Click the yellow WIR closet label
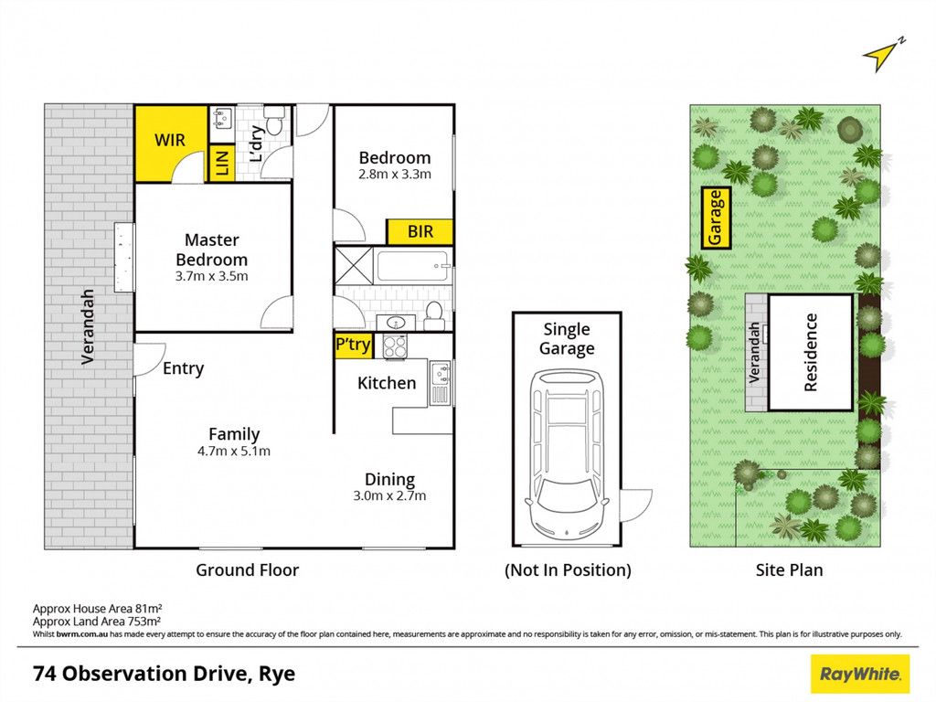point(170,140)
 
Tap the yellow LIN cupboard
point(221,163)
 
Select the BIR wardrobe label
point(420,231)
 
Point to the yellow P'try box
point(354,345)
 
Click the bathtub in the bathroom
point(412,266)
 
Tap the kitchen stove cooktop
point(395,346)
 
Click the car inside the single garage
point(567,453)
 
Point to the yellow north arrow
point(883,55)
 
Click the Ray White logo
point(859,674)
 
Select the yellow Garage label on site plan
point(715,218)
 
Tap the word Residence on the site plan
point(810,353)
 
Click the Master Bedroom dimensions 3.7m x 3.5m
point(211,276)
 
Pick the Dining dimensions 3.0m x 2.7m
point(389,495)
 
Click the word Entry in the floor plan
point(183,368)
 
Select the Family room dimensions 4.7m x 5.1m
point(234,452)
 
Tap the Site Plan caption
point(789,570)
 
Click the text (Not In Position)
point(568,570)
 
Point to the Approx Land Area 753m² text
point(97,622)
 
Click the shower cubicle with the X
point(354,266)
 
